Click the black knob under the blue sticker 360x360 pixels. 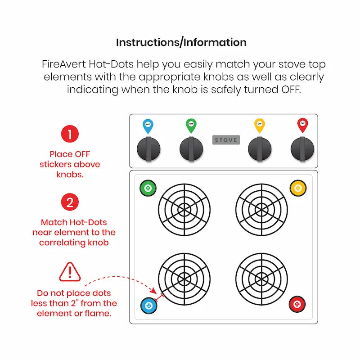pyautogui.click(x=148, y=148)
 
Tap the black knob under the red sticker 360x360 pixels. pyautogui.click(x=302, y=148)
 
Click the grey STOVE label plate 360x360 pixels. pyautogui.click(x=226, y=140)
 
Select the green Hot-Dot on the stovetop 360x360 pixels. pyautogui.click(x=148, y=188)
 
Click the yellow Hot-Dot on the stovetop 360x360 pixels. pyautogui.click(x=298, y=188)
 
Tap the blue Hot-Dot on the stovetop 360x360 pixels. pyautogui.click(x=148, y=306)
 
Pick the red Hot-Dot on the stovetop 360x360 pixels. pyautogui.click(x=297, y=304)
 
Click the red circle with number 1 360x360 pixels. pyautogui.click(x=70, y=134)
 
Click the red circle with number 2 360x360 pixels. pyautogui.click(x=70, y=202)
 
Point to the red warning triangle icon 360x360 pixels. pyautogui.click(x=70, y=271)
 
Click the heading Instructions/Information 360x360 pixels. pyautogui.click(x=181, y=43)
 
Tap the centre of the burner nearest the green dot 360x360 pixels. pyautogui.click(x=184, y=209)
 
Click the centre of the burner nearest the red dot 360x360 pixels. pyautogui.click(x=261, y=279)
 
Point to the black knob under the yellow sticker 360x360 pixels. pyautogui.click(x=260, y=148)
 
